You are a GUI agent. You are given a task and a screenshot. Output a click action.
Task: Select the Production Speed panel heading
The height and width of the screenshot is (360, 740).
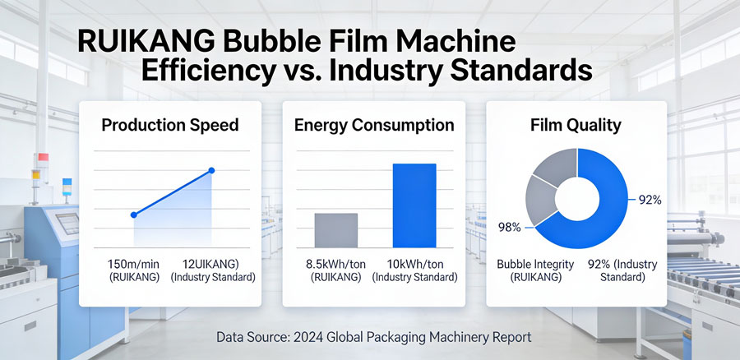tap(170, 126)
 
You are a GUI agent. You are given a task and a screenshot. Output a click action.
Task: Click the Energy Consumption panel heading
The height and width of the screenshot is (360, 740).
tap(374, 126)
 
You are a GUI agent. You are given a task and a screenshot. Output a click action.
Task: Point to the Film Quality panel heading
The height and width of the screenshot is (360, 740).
tap(576, 126)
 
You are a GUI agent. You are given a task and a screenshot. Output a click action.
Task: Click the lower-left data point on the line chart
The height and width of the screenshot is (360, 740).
tap(134, 215)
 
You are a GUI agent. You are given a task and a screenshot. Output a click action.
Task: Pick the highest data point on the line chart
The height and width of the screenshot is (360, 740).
tap(211, 170)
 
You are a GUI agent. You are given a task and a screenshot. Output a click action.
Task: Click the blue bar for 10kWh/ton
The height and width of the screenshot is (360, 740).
tap(414, 205)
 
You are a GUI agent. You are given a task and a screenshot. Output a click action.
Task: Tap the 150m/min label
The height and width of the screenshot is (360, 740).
tap(134, 265)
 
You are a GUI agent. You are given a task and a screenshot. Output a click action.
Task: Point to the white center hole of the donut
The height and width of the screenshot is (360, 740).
tap(576, 200)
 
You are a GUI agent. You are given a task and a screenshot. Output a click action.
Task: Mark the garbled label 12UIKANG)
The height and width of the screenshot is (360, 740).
tap(213, 265)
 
